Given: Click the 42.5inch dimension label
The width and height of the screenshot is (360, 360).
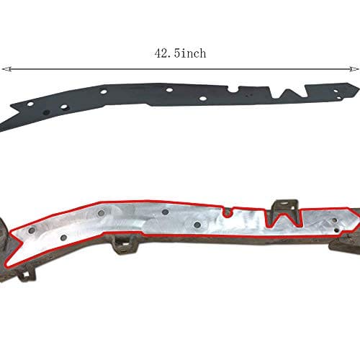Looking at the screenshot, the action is pos(180,53).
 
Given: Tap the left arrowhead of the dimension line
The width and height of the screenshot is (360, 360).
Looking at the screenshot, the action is pos(6,69).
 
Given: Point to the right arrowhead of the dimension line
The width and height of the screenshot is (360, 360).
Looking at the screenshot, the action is pos(353,69).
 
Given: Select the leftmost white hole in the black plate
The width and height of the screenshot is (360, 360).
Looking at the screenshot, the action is pos(30,104).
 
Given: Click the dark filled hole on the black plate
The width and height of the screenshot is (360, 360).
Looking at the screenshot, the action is pos(46,112).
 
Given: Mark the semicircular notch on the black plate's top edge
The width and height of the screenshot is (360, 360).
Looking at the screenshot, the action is pos(233,89).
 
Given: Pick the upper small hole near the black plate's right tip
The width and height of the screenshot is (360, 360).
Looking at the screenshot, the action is pos(336,91).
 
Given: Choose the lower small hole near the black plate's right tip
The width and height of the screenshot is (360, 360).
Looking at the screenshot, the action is pos(338,98).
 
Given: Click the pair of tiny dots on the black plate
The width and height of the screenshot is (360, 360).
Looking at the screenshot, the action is pos(250,95).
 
